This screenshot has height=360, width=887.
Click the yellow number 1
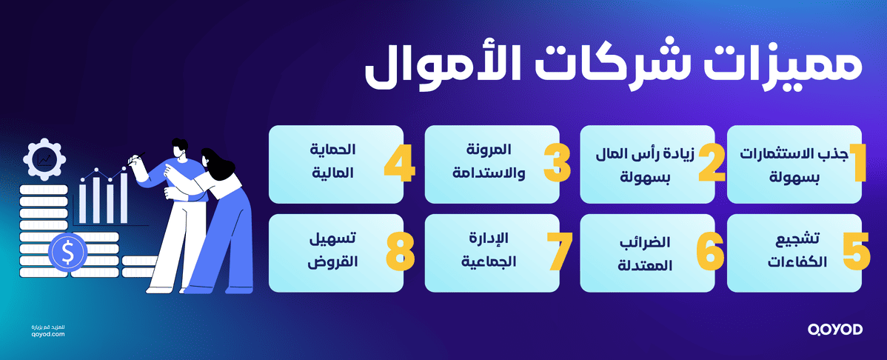tap(855, 164)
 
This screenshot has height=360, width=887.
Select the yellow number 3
tap(557, 164)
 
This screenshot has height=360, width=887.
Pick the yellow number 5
tap(855, 253)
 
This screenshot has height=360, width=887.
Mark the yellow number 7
tap(557, 253)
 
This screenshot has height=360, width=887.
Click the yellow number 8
tap(399, 253)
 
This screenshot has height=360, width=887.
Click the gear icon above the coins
tap(45, 159)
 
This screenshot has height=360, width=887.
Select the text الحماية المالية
tap(332, 163)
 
